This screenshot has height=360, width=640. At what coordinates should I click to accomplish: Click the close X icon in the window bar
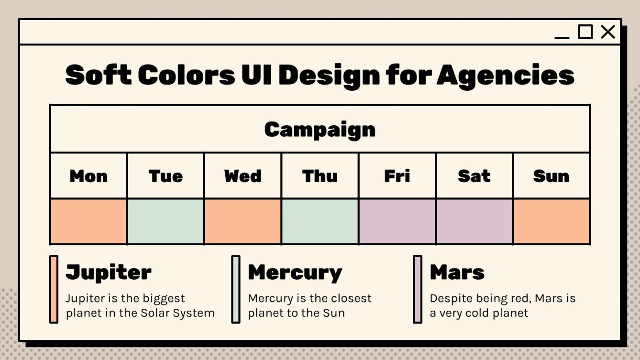pyautogui.click(x=608, y=32)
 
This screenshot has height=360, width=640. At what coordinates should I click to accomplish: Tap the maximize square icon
pyautogui.click(x=585, y=32)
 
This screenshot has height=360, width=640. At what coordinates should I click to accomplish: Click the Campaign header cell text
pyautogui.click(x=320, y=129)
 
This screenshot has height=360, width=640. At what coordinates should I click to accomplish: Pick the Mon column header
pyautogui.click(x=88, y=176)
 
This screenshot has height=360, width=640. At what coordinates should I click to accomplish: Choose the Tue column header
pyautogui.click(x=166, y=176)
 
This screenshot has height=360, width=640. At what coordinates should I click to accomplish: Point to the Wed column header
pyautogui.click(x=243, y=176)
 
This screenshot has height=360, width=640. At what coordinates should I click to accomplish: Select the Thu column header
pyautogui.click(x=320, y=176)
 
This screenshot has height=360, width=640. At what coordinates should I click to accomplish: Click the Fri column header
pyautogui.click(x=397, y=176)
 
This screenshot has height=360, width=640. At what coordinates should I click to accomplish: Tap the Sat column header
pyautogui.click(x=474, y=176)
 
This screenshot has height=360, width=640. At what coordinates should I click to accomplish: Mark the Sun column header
pyautogui.click(x=551, y=176)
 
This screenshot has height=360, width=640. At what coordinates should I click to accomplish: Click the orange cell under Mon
pyautogui.click(x=88, y=221)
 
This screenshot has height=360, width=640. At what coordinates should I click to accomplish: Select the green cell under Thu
pyautogui.click(x=320, y=221)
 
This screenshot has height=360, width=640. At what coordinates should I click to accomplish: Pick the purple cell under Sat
pyautogui.click(x=474, y=221)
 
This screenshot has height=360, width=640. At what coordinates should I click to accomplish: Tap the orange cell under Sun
pyautogui.click(x=551, y=221)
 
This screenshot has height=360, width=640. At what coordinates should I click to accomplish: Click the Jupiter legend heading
pyautogui.click(x=109, y=272)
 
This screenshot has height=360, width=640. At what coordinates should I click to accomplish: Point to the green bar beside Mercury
pyautogui.click(x=236, y=289)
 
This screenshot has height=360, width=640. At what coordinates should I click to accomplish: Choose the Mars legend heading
pyautogui.click(x=457, y=272)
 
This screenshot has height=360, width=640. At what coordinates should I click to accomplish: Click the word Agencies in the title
pyautogui.click(x=506, y=75)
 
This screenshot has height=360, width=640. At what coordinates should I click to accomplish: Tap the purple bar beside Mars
pyautogui.click(x=418, y=289)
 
